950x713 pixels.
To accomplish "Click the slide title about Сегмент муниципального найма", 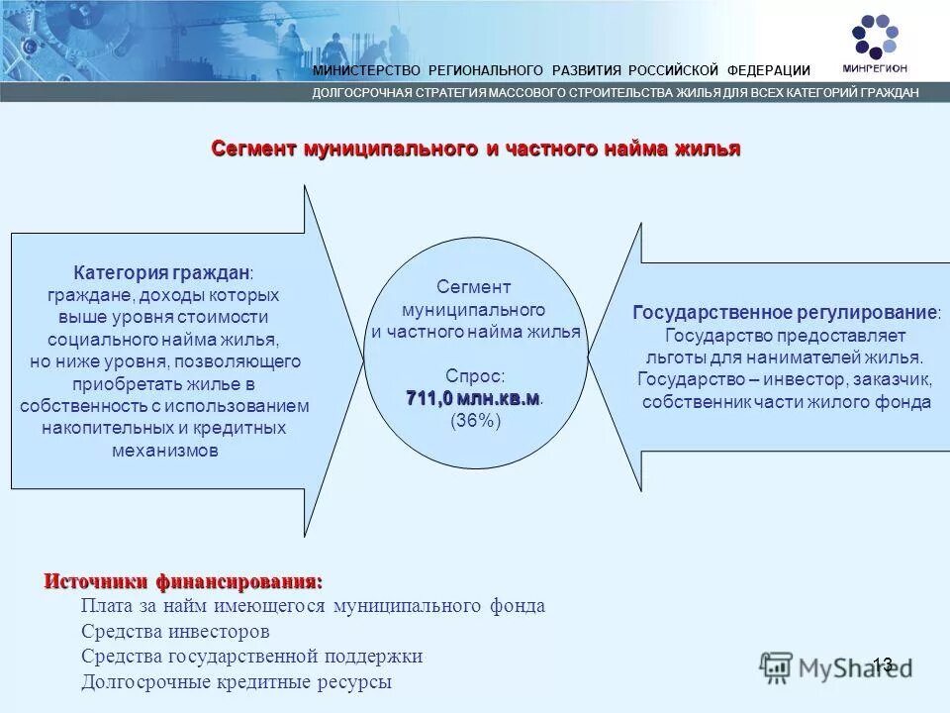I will coord(475,149).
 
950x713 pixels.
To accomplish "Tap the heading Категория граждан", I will coord(161,271).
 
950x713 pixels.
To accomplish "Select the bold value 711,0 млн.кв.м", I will coord(472,398).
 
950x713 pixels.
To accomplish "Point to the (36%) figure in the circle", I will coord(476,421).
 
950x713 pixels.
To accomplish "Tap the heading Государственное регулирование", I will coord(786,313).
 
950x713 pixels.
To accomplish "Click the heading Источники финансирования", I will coord(183,581).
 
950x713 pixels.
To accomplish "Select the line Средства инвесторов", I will coord(175,631).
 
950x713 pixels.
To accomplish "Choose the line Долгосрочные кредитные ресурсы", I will coord(237,682).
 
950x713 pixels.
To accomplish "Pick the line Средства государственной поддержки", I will coord(251,657).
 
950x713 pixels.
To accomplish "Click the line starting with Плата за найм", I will coord(313,606).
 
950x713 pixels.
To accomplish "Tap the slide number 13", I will coord(883,664).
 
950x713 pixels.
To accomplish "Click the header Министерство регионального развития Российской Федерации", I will coord(561,70).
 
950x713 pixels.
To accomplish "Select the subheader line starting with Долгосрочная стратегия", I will coord(616,92).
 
